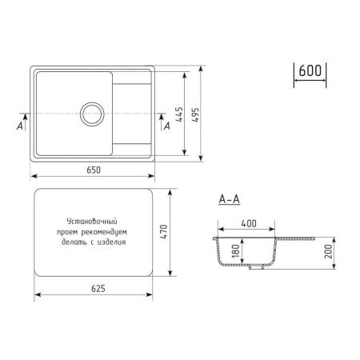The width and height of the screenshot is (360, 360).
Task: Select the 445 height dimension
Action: pos(182,114)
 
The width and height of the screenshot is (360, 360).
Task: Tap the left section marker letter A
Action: pos(19,125)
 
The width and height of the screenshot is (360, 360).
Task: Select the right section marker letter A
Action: pos(166,125)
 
